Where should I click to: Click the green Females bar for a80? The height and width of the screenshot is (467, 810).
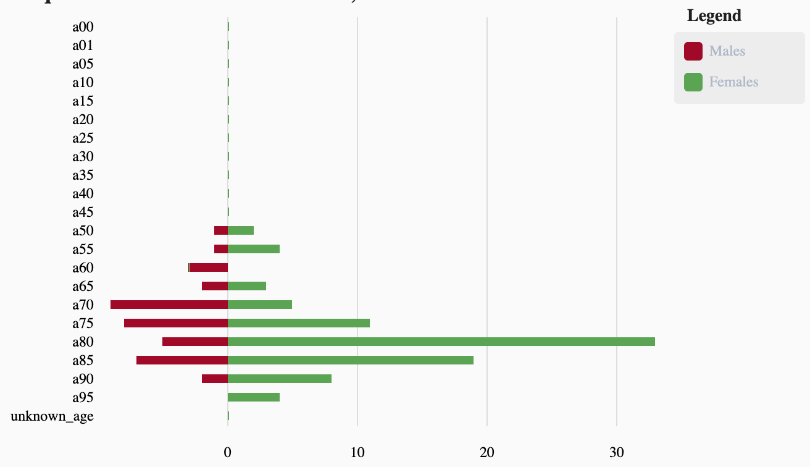[x=441, y=342]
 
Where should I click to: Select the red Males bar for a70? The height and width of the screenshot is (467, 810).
[x=169, y=305]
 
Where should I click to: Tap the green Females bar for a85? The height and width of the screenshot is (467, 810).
[x=350, y=360]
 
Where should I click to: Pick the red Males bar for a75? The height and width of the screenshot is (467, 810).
[x=176, y=323]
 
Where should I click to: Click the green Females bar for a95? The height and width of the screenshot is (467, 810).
[x=253, y=397]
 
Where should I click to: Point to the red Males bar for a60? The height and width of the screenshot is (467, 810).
[x=209, y=267]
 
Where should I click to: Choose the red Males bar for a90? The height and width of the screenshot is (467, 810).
[x=215, y=379]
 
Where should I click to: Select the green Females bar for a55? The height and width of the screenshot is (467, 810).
[x=253, y=249]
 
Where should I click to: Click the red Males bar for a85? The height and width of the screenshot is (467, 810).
[x=182, y=360]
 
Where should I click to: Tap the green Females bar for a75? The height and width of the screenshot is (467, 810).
[x=298, y=323]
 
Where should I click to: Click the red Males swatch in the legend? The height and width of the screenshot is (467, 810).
[x=693, y=51]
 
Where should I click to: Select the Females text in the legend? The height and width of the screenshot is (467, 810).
[x=733, y=82]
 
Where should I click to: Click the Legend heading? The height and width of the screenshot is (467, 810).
[x=714, y=16]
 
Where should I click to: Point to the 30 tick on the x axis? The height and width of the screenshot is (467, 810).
[x=617, y=452]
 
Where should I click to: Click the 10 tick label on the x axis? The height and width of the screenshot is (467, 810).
[x=357, y=452]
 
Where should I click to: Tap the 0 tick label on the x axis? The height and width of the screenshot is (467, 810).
[x=228, y=452]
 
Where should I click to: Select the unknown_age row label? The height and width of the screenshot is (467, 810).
[x=52, y=416]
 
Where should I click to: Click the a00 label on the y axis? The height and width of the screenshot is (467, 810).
[x=83, y=27]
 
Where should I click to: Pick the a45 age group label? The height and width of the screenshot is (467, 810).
[x=83, y=212]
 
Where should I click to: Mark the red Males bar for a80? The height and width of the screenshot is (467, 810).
[x=195, y=342]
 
